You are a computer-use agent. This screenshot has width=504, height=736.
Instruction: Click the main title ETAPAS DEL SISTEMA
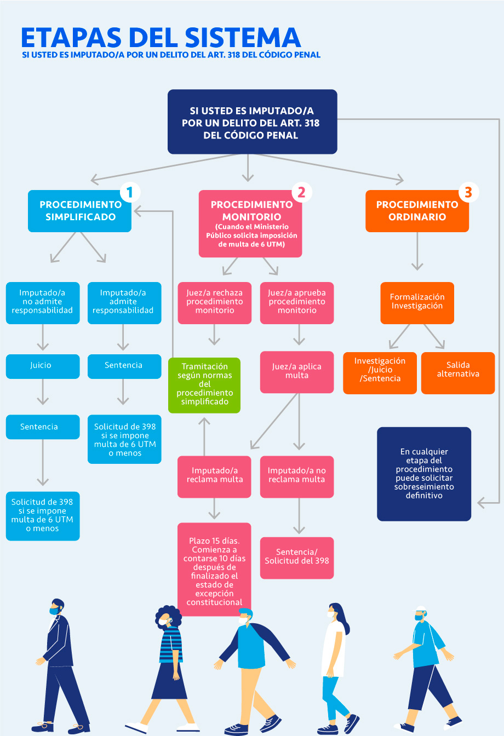point(161,37)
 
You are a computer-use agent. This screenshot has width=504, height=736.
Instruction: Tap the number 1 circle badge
point(129,192)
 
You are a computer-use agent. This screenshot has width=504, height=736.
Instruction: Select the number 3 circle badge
point(467,192)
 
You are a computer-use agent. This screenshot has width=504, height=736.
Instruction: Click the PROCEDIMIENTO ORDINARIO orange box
point(417,211)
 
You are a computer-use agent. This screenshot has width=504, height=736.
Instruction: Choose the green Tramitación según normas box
point(204,384)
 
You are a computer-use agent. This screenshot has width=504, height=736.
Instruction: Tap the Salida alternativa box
point(458,370)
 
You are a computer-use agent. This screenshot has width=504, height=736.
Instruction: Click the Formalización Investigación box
point(417,302)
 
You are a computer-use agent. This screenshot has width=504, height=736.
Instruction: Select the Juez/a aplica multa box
point(297,371)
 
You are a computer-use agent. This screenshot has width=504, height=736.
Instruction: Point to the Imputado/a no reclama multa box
point(297,475)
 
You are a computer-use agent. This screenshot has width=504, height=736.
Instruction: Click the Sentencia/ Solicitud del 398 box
point(297,557)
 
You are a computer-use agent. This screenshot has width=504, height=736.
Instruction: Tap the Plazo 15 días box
point(214,570)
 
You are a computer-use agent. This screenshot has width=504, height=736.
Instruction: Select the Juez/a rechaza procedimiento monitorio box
point(214,302)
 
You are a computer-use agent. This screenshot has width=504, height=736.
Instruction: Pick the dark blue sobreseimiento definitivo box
point(424,474)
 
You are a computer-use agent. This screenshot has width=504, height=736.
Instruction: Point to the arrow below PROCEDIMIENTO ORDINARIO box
point(417,252)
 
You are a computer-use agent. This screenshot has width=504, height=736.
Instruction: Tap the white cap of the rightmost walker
point(421,610)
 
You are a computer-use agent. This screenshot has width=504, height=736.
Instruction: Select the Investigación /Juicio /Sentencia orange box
point(380,370)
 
